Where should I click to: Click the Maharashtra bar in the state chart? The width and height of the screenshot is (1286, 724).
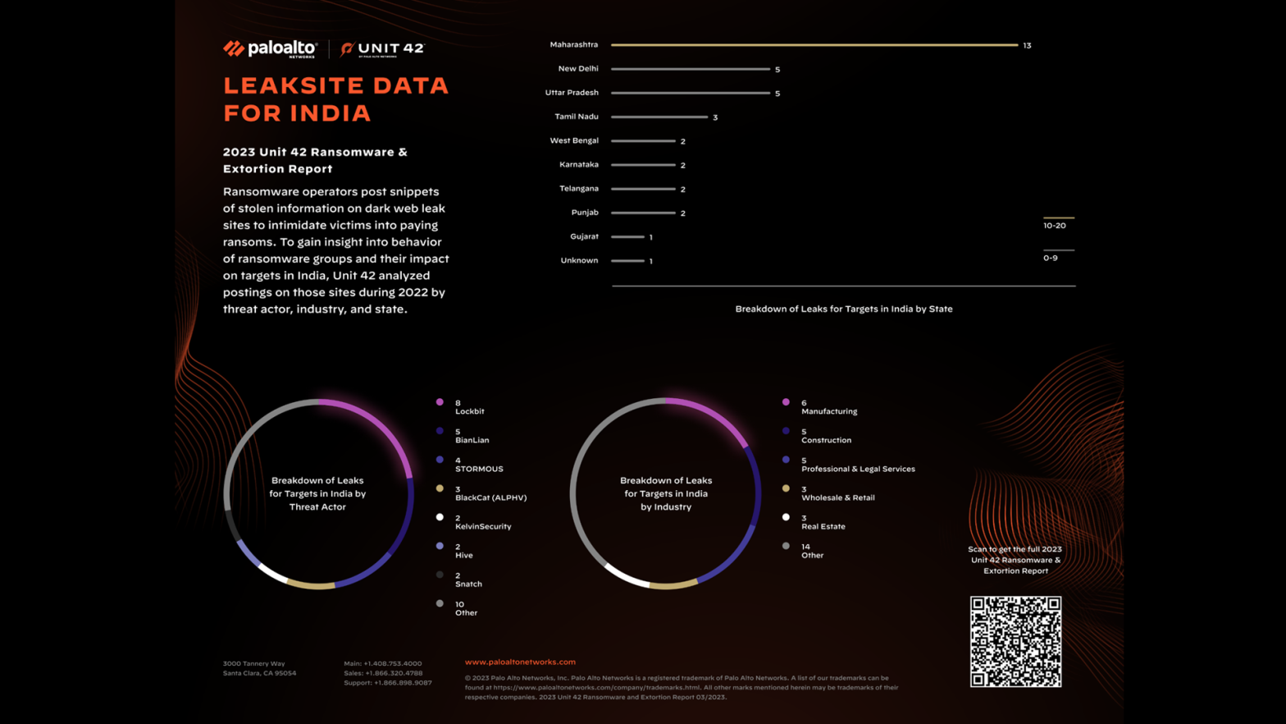(x=814, y=45)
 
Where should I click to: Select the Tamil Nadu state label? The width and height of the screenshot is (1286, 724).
(x=576, y=117)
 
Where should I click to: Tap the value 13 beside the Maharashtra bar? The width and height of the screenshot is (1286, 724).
(x=1027, y=46)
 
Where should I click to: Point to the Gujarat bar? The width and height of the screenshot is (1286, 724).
(x=627, y=236)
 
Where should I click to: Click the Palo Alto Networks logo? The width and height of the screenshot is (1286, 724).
(x=270, y=49)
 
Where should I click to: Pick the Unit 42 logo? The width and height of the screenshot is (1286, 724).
(x=383, y=49)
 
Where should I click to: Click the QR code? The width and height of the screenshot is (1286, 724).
(x=1015, y=641)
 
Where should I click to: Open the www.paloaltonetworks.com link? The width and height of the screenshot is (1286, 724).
(x=520, y=662)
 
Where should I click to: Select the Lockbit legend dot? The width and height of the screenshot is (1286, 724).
(x=440, y=402)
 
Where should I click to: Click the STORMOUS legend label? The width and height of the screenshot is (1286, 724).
(x=479, y=469)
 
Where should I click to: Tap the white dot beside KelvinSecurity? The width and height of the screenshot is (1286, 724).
(x=440, y=517)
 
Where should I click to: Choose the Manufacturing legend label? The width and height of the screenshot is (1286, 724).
(x=829, y=411)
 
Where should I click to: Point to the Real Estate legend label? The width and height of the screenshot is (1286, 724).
(x=823, y=526)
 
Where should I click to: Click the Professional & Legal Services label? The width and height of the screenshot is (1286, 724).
(x=858, y=469)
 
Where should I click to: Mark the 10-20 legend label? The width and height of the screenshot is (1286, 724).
(x=1055, y=226)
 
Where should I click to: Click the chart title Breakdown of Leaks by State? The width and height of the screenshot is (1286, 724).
(x=843, y=309)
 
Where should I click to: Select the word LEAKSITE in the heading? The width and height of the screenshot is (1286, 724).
(x=288, y=85)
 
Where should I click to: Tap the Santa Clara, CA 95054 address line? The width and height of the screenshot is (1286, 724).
(x=259, y=673)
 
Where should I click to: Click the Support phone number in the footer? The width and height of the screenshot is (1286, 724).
(x=388, y=683)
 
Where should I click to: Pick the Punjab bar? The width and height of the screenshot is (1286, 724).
(x=643, y=213)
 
